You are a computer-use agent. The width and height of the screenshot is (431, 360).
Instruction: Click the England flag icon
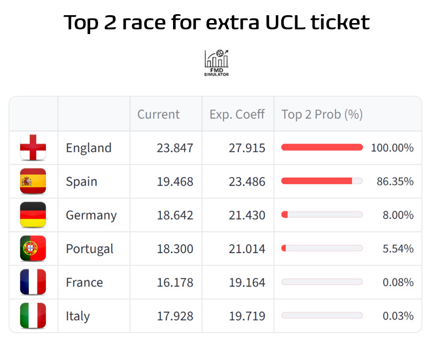tap(33, 148)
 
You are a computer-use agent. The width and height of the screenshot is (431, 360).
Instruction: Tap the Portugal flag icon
tap(33, 248)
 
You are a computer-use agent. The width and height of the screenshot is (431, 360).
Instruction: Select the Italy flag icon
tap(33, 316)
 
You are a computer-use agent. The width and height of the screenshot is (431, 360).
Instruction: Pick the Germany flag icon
tap(33, 215)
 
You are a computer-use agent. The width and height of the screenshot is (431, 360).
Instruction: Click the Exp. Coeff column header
tap(237, 114)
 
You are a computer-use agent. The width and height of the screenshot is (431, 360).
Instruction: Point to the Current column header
tap(158, 114)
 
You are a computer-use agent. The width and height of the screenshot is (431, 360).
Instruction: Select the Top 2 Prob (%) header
tap(322, 114)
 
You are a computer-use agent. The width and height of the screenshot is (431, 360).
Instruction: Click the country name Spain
tap(81, 181)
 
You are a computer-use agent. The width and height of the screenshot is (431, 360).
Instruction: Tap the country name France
tap(84, 282)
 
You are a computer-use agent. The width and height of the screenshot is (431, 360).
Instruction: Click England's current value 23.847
tap(175, 148)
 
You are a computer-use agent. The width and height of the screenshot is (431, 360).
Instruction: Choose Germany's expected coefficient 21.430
tap(247, 215)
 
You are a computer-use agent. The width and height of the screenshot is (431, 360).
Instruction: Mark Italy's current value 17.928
tap(175, 316)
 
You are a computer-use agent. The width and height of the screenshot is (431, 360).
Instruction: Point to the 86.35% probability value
tap(395, 181)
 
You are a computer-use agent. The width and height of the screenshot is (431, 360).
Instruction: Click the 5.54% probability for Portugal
tap(398, 248)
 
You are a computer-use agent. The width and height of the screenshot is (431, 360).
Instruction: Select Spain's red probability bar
tap(317, 181)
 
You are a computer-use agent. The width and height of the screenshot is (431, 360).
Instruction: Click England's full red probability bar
tap(322, 147)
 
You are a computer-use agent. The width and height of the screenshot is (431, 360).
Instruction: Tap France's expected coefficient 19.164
tap(247, 282)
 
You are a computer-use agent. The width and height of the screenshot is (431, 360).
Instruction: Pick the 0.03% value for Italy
tap(398, 316)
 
